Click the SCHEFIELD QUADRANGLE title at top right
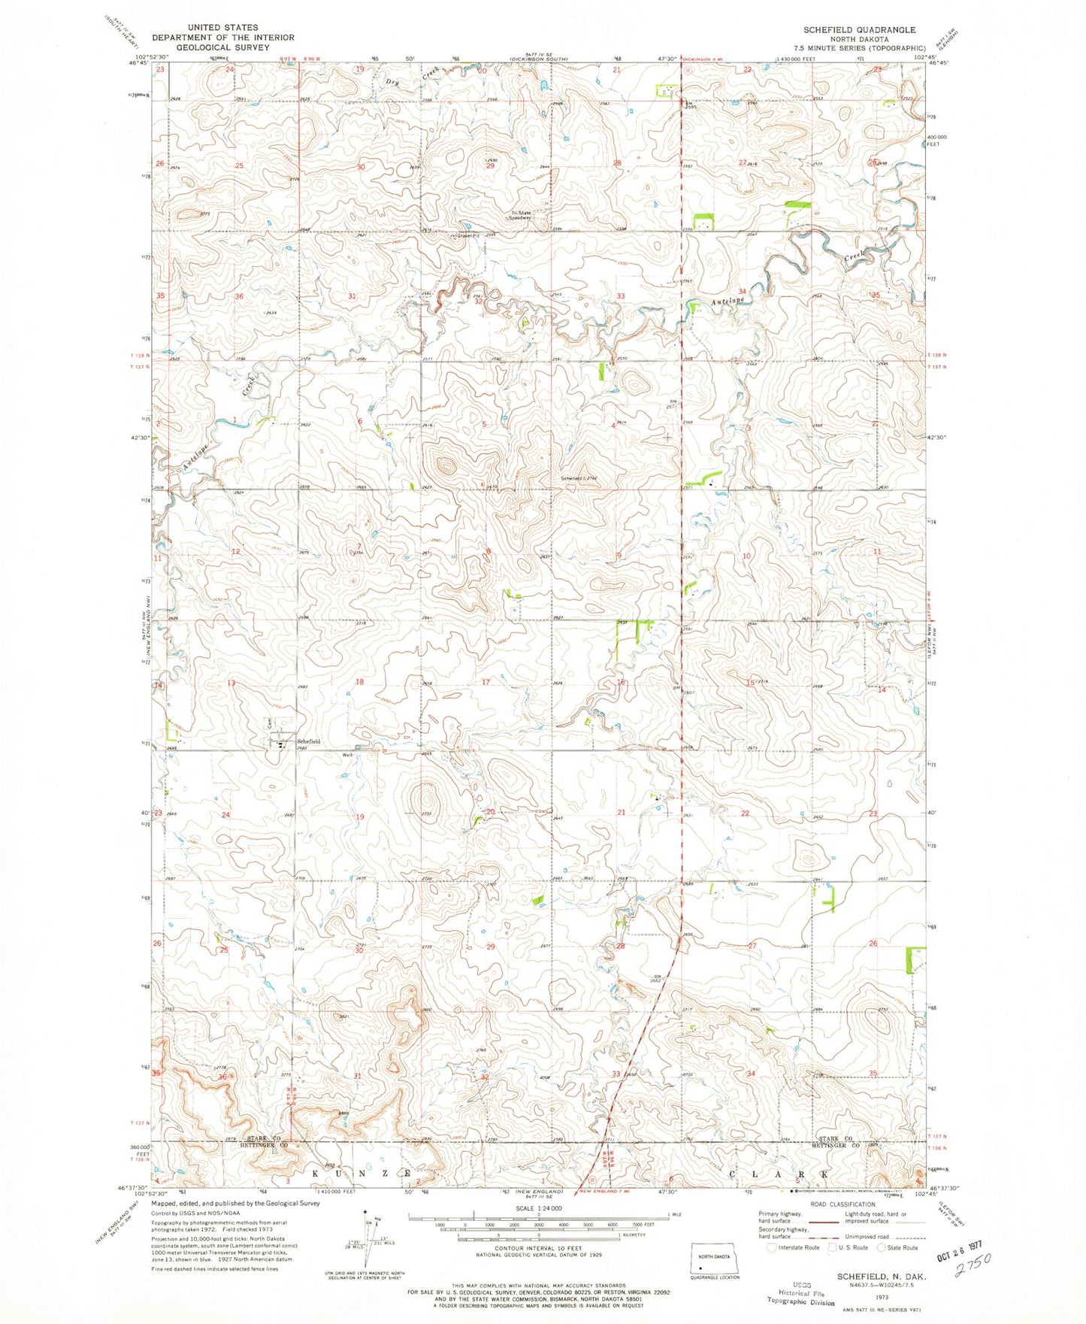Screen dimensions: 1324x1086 click(859, 29)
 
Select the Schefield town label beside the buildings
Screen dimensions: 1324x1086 click(307, 741)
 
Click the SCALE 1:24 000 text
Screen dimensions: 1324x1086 click(537, 1229)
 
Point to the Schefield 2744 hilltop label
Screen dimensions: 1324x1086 click(578, 478)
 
